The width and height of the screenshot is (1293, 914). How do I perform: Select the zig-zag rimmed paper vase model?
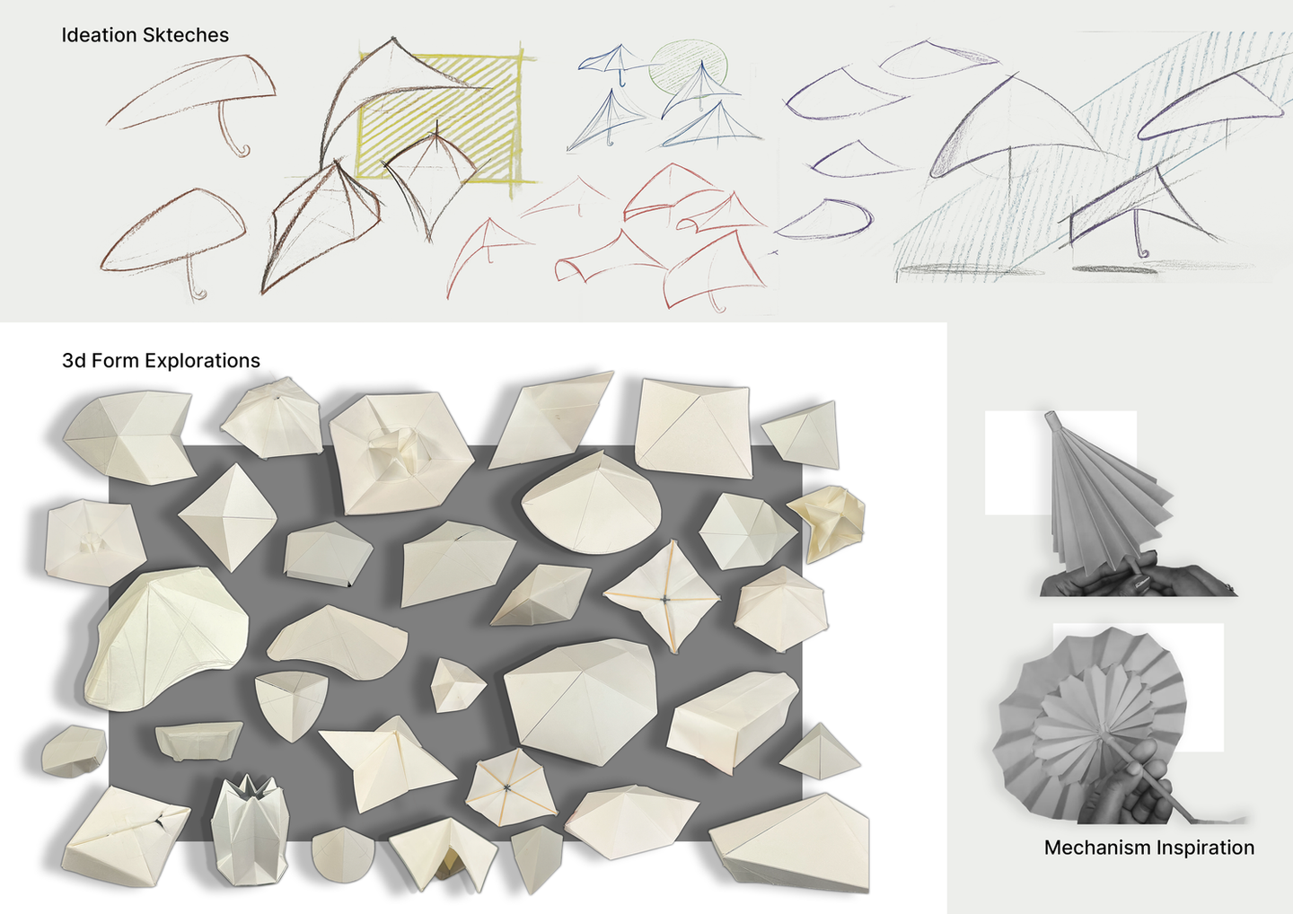tap(251, 830)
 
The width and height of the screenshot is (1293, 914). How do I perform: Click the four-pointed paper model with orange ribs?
tap(663, 597)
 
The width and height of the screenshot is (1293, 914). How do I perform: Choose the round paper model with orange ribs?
tap(508, 787)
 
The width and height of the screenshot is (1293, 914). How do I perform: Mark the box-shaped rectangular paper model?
tap(734, 720)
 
